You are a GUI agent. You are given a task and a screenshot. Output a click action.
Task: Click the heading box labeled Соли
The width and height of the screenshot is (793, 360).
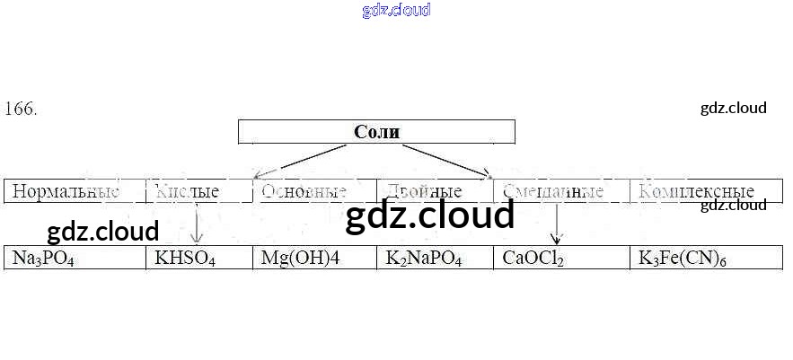tap(376, 132)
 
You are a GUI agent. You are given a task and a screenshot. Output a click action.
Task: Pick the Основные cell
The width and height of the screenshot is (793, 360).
tap(304, 191)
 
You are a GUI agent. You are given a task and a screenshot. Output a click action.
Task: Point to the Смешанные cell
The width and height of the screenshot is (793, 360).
tap(553, 191)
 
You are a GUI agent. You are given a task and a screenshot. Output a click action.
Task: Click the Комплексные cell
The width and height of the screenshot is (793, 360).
tap(695, 191)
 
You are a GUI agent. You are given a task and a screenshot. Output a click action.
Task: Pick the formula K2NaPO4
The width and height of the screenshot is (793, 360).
tap(424, 259)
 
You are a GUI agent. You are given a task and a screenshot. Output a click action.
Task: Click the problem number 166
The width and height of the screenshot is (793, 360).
tap(21, 109)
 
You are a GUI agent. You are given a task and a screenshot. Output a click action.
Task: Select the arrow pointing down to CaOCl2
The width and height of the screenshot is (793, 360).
tap(557, 224)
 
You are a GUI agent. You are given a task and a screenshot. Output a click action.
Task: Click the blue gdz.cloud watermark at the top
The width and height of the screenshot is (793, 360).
tap(396, 10)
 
